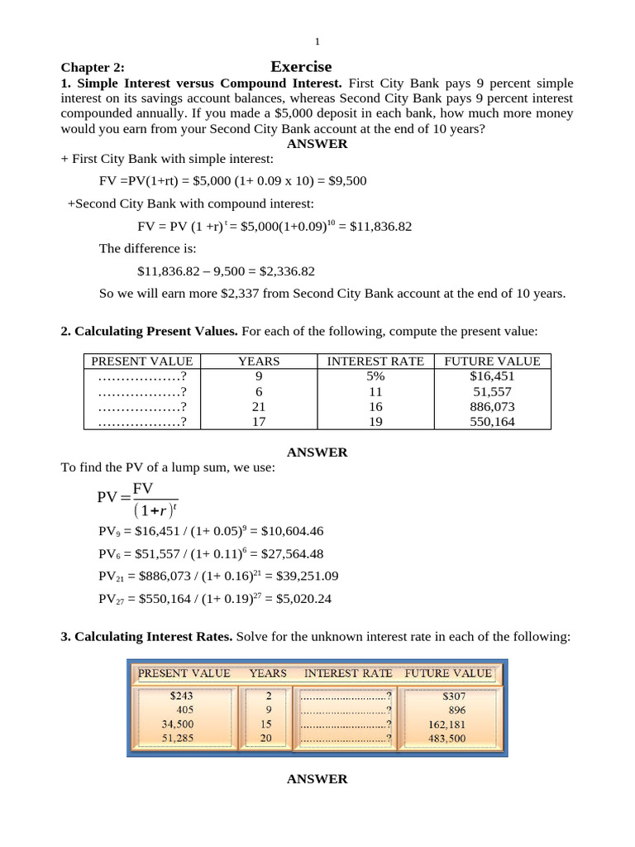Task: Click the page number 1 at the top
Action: (x=317, y=41)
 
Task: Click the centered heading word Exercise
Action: (x=301, y=67)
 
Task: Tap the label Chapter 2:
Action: (x=93, y=69)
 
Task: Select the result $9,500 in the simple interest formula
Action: (x=348, y=180)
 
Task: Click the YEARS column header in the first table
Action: (x=259, y=361)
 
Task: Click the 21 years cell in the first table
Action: (x=259, y=407)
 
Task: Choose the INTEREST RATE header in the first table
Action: (x=375, y=361)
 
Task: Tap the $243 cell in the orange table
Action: (x=180, y=696)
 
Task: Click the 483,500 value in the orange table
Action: (x=446, y=738)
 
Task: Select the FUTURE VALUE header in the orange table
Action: (x=448, y=673)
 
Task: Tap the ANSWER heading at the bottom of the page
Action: (x=317, y=779)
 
